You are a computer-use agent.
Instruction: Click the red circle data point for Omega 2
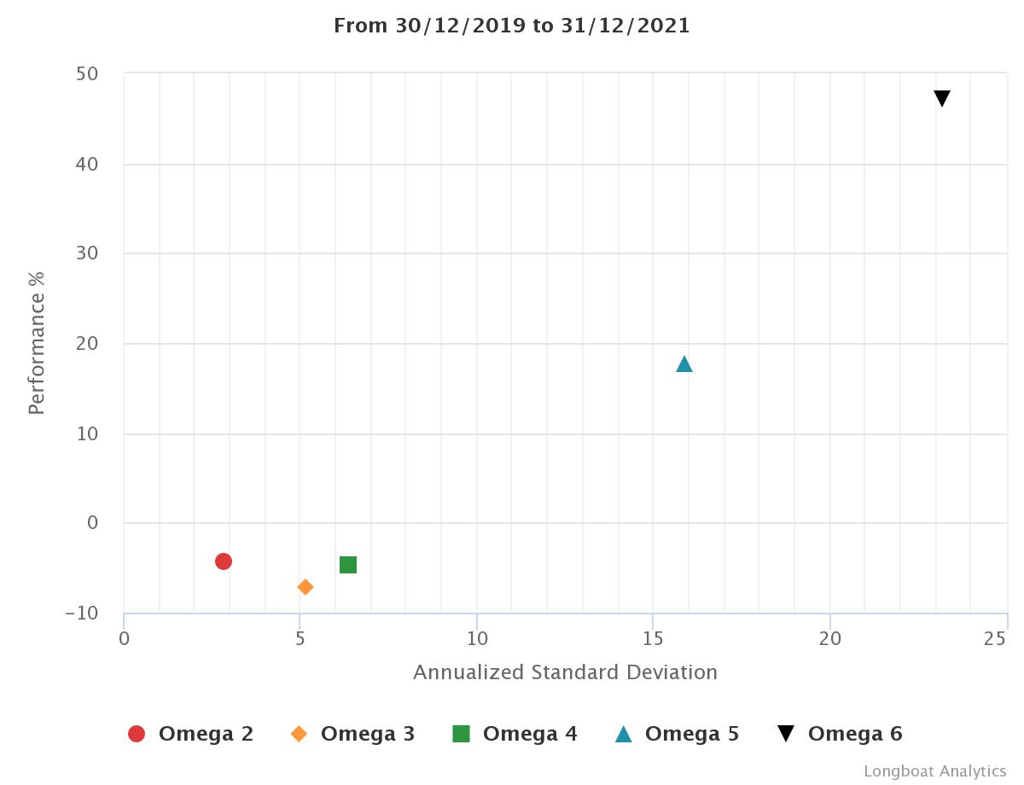[224, 561]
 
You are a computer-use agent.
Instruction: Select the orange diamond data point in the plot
[305, 587]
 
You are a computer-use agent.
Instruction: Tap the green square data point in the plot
[348, 565]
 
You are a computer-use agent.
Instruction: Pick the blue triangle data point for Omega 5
[684, 364]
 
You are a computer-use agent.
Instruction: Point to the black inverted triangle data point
[942, 99]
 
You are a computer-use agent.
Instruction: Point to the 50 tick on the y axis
[87, 74]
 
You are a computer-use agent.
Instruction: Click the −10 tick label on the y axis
[82, 613]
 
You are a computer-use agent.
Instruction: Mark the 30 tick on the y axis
[87, 253]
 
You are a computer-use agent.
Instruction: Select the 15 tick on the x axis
[653, 638]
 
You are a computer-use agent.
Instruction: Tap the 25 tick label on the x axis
[995, 638]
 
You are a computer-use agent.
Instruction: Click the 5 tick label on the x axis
[300, 638]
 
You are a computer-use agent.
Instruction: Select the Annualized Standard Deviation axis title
[565, 672]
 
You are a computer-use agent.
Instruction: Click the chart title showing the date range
[512, 26]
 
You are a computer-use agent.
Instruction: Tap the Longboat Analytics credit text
[934, 771]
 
